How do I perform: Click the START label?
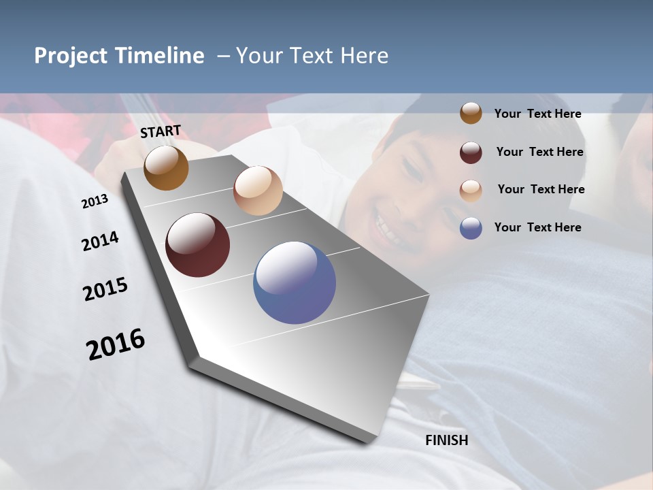(161, 131)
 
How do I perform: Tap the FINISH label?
(447, 440)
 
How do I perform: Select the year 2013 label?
(95, 201)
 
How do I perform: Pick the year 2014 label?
(100, 241)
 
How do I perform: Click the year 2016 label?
(116, 344)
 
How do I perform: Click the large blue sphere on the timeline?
(295, 282)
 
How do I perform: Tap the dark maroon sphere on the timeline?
(198, 245)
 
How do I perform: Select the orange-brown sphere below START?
(166, 167)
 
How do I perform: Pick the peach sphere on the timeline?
(258, 191)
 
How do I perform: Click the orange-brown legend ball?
(471, 114)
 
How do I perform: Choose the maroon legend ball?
(471, 152)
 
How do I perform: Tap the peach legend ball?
(471, 190)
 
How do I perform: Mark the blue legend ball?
(471, 228)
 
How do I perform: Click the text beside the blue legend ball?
(537, 227)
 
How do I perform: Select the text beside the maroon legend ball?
(539, 152)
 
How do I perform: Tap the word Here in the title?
(364, 56)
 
